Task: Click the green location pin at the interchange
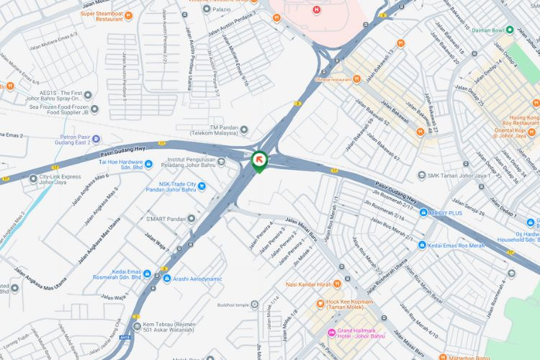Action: [258, 161]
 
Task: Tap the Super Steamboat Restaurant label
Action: [111, 17]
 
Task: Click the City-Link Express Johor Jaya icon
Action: [33, 179]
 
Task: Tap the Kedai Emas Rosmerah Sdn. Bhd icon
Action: [147, 274]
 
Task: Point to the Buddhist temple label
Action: [232, 304]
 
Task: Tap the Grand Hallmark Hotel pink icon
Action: [332, 333]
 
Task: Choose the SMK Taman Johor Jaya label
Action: [458, 175]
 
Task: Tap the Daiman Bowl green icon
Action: [510, 30]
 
